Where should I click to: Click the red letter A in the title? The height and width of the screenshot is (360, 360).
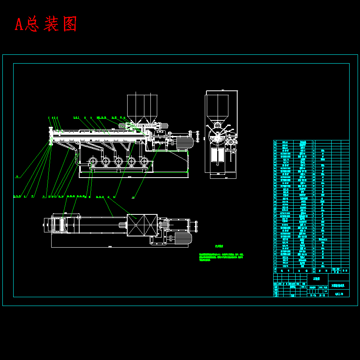19,24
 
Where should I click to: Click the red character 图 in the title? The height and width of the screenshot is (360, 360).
69,24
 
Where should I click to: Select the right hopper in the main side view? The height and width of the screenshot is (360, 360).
151,107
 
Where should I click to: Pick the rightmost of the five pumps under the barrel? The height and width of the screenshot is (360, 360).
144,162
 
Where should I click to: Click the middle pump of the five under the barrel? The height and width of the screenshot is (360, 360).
118,162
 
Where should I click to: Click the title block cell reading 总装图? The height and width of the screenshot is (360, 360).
316,278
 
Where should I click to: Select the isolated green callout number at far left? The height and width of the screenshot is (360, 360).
17,176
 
